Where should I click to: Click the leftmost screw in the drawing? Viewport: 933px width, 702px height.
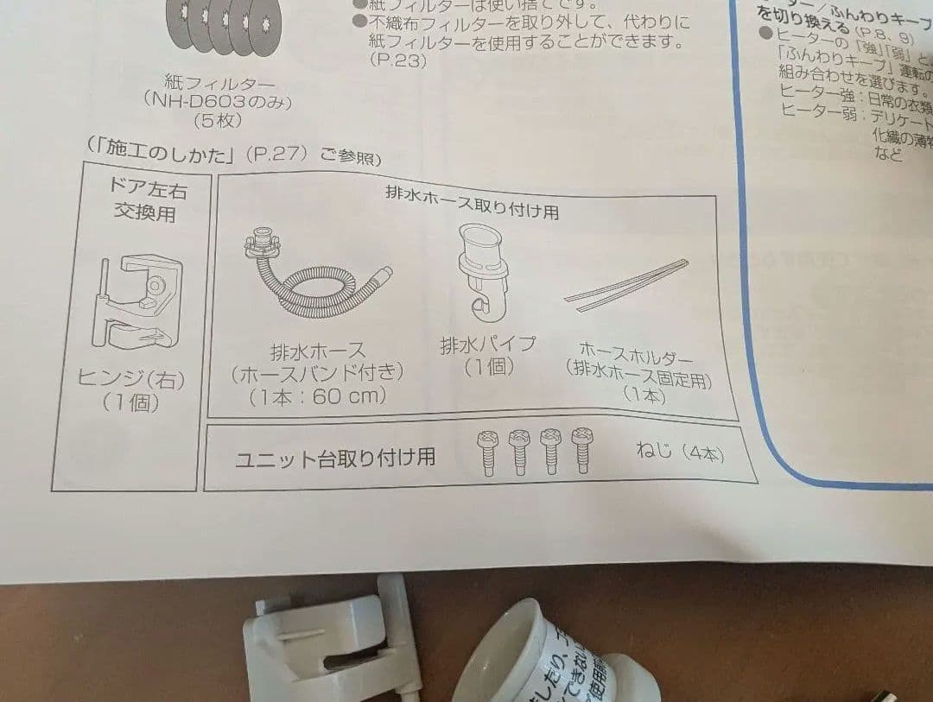[x=488, y=450]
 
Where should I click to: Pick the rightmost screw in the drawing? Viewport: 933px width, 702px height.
[x=582, y=448]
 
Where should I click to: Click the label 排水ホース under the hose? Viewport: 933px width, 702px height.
[x=317, y=351]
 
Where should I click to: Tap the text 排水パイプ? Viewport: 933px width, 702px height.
[x=488, y=345]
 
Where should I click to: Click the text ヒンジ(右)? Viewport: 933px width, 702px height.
[x=130, y=378]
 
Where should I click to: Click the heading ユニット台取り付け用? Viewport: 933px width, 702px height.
[x=335, y=458]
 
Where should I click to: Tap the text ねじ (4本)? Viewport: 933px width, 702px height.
[x=678, y=452]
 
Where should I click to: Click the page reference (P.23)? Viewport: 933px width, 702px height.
[x=397, y=60]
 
